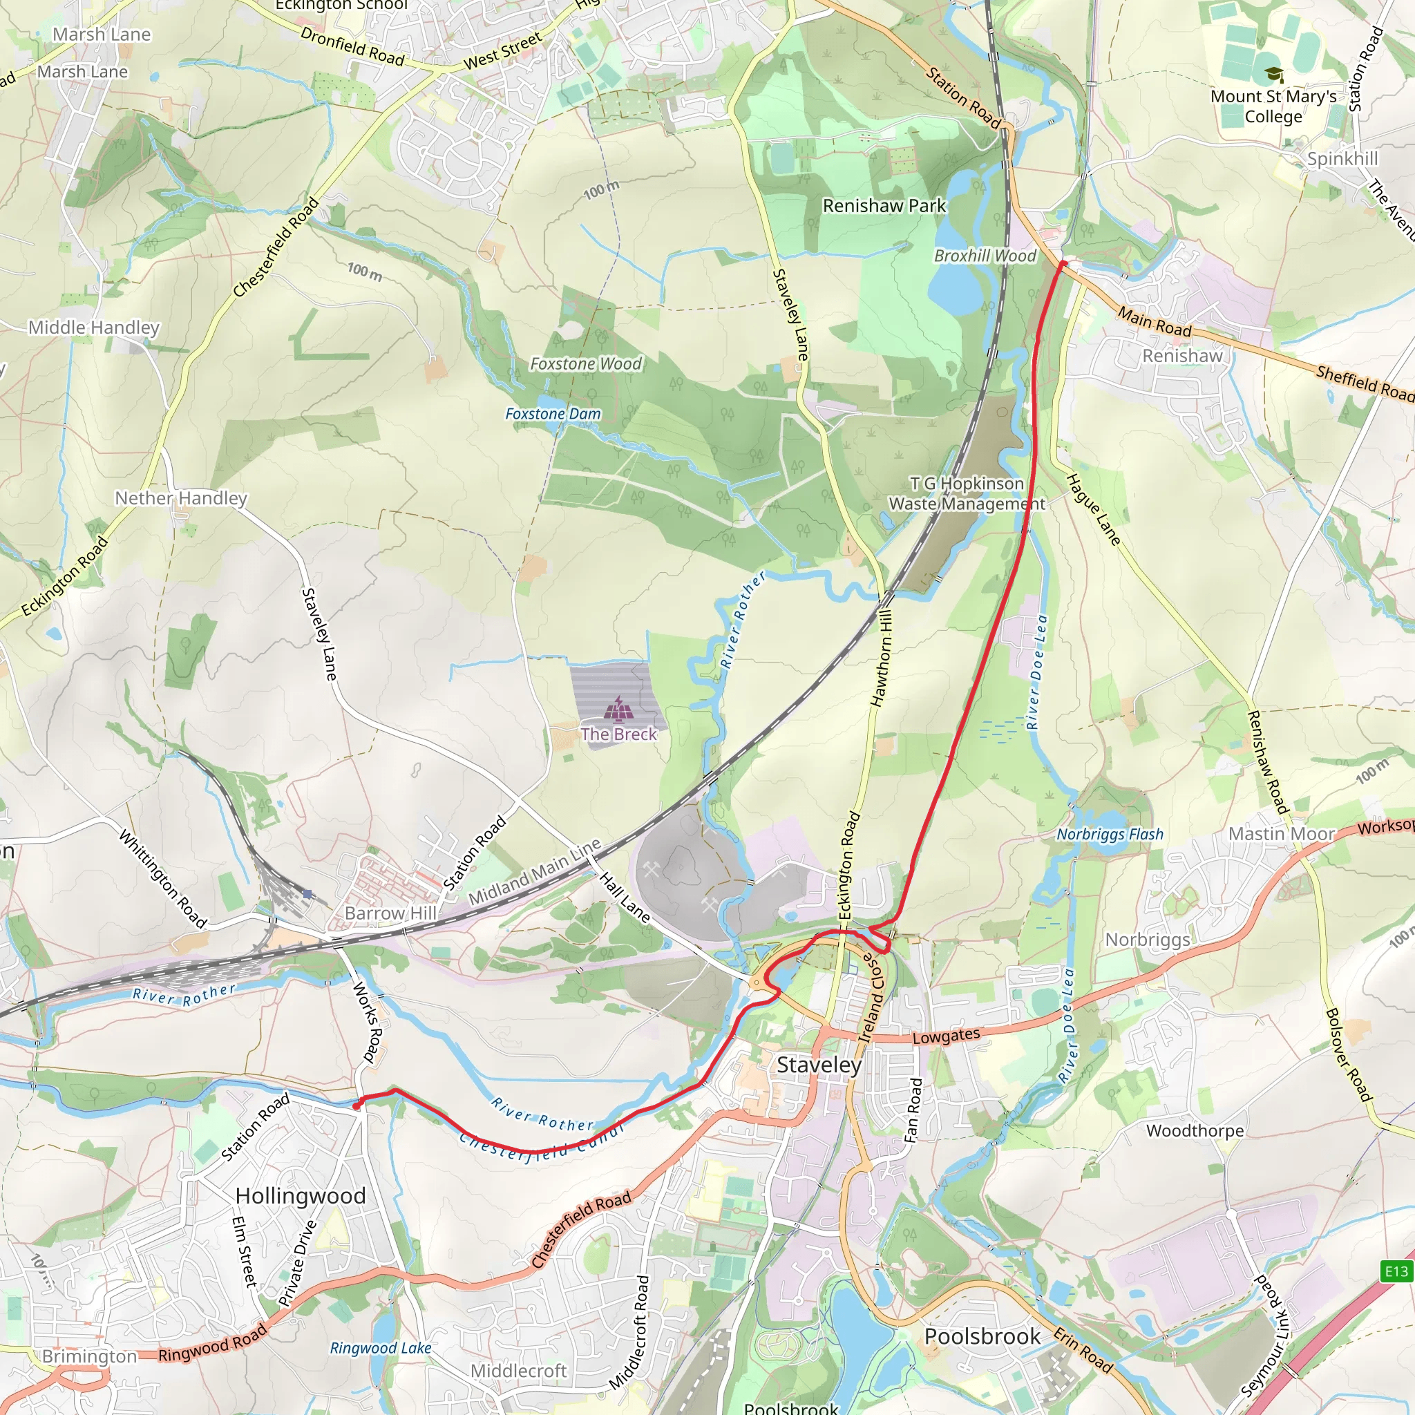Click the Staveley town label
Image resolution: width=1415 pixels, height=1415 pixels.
click(819, 1065)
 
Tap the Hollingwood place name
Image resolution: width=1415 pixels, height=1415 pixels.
click(301, 1195)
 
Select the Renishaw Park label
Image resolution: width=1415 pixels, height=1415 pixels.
click(884, 206)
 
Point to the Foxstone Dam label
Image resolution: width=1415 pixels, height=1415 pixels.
click(553, 414)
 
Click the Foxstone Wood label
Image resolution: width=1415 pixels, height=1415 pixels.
click(585, 364)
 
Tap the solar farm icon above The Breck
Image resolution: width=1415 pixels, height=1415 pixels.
click(619, 708)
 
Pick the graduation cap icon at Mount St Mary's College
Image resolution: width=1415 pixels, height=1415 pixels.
click(1273, 75)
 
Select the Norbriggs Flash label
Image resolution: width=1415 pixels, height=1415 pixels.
click(1110, 834)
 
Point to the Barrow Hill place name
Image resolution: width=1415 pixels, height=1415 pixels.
click(390, 913)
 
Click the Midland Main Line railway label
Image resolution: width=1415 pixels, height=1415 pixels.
click(535, 871)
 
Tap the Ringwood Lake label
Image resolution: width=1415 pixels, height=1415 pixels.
click(380, 1347)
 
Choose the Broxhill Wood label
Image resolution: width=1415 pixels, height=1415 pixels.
click(985, 256)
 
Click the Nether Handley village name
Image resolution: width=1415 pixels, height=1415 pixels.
click(181, 498)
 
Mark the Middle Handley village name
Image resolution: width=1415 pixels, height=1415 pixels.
click(94, 327)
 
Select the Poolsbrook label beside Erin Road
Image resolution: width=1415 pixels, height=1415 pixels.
click(982, 1337)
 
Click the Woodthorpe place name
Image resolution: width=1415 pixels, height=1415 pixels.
click(1195, 1131)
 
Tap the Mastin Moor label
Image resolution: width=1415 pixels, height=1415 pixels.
click(1282, 834)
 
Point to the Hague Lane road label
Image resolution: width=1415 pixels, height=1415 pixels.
click(1092, 510)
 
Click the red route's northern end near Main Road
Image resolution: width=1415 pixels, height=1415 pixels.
click(1063, 264)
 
